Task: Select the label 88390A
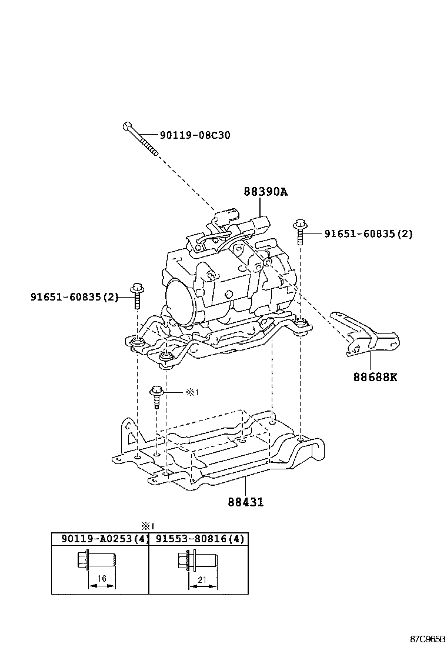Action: [x=266, y=192]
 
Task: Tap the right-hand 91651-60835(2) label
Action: [x=368, y=233]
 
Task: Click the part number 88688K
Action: [x=375, y=376]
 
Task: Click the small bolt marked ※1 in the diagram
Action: [x=157, y=396]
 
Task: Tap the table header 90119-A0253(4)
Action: [x=100, y=539]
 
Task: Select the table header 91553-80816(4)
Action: [x=199, y=539]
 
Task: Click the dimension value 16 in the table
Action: [x=102, y=579]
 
